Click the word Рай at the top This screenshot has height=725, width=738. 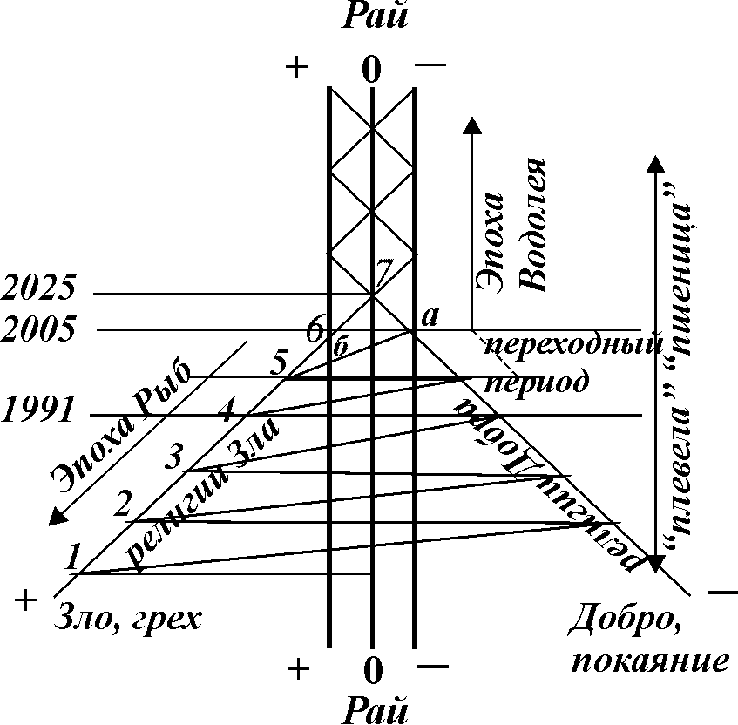tap(371, 16)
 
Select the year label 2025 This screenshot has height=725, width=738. tap(39, 287)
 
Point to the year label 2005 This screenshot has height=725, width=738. tap(39, 330)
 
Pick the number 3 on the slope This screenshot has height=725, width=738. tap(174, 455)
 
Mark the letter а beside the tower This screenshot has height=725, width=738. tap(429, 317)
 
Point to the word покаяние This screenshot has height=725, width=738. tap(649, 660)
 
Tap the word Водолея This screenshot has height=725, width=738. tap(531, 225)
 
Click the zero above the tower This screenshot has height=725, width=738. tap(372, 71)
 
